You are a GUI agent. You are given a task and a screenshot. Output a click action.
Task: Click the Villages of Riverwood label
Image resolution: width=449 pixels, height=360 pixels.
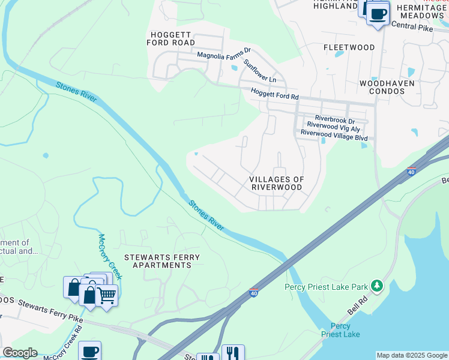[x=277, y=183]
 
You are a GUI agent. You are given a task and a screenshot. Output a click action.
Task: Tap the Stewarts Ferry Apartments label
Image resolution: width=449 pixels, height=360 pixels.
[x=162, y=261]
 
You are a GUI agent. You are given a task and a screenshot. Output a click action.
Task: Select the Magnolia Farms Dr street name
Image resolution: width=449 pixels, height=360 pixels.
[x=224, y=55]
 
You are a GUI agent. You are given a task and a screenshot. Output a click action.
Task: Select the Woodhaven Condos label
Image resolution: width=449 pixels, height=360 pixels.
[x=387, y=88]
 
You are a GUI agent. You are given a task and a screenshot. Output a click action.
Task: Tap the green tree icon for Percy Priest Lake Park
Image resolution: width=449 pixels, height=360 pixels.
[x=377, y=285]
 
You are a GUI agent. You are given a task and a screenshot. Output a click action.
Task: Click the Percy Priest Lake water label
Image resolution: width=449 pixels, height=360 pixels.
[x=340, y=330]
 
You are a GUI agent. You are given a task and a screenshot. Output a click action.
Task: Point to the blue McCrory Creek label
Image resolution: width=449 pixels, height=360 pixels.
[x=110, y=256]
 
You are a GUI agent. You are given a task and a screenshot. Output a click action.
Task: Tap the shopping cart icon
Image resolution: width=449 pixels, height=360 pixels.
[x=107, y=295]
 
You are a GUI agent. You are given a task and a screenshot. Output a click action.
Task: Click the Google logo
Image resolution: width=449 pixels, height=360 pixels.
[x=20, y=353]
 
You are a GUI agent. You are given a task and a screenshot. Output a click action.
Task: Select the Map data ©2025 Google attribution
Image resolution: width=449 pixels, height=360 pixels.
[x=412, y=355]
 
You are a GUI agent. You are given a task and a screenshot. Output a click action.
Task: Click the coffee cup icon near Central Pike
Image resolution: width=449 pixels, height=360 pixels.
[x=378, y=14]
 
